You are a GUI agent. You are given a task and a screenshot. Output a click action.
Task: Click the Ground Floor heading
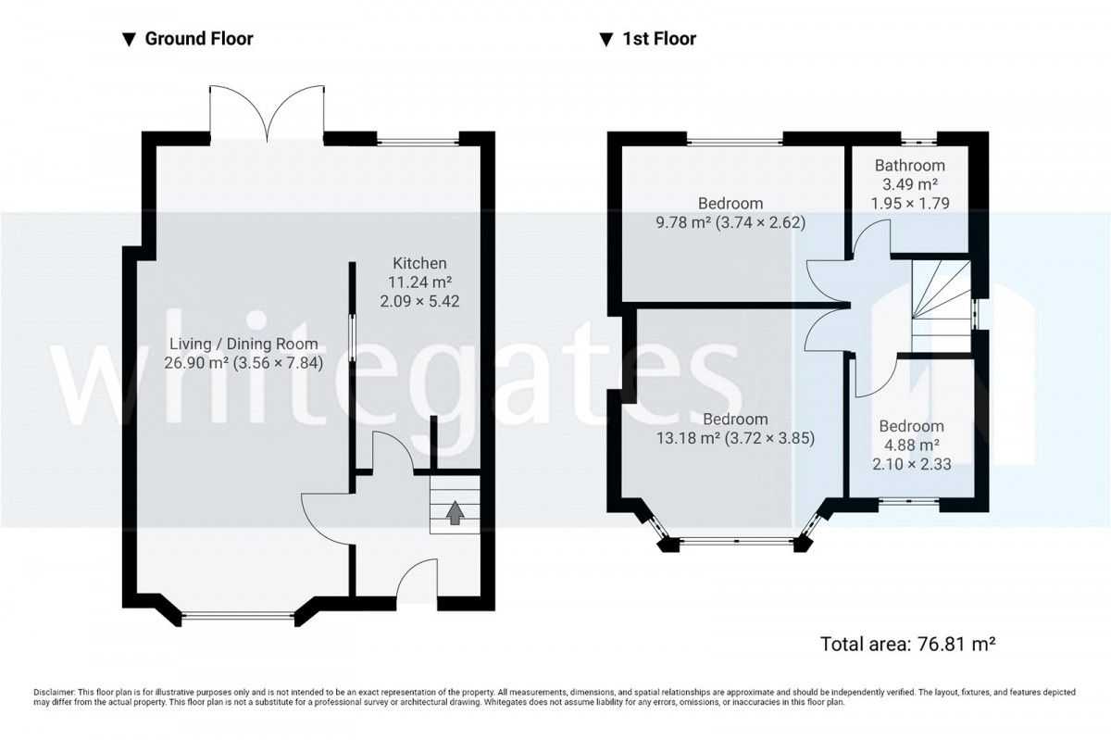coord(199,39)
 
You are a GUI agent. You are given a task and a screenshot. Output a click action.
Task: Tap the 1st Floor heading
coord(659,39)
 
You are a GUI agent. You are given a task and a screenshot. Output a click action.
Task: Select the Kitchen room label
coord(419,263)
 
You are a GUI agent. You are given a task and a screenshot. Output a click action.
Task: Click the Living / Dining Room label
coord(243,344)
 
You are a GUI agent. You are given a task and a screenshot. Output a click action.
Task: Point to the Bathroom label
coord(909,165)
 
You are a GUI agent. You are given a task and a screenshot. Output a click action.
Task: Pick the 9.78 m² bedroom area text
coord(730,222)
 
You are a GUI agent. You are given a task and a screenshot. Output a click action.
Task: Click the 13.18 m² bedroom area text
coord(735,438)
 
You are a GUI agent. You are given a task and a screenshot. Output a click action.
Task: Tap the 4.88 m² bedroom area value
coord(912,445)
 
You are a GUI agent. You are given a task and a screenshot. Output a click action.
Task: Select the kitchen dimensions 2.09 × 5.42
coord(419,301)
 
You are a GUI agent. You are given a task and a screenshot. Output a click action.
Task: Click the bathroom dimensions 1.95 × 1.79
coord(910,204)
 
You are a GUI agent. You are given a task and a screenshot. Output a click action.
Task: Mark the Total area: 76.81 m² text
coord(907,645)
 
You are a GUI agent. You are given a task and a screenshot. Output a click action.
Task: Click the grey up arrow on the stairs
coord(455,513)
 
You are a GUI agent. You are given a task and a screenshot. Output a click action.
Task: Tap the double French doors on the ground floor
coord(268,114)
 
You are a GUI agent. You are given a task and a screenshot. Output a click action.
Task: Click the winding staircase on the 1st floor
coord(942,307)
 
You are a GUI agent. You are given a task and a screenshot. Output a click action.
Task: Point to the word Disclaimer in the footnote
coord(54,693)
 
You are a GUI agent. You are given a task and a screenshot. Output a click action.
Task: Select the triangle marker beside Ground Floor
coord(129,40)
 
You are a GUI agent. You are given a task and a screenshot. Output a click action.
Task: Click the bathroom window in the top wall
coord(918,143)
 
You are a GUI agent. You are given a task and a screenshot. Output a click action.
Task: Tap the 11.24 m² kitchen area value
coord(419,282)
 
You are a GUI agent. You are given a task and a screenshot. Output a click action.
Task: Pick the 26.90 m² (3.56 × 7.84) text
coord(243,363)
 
